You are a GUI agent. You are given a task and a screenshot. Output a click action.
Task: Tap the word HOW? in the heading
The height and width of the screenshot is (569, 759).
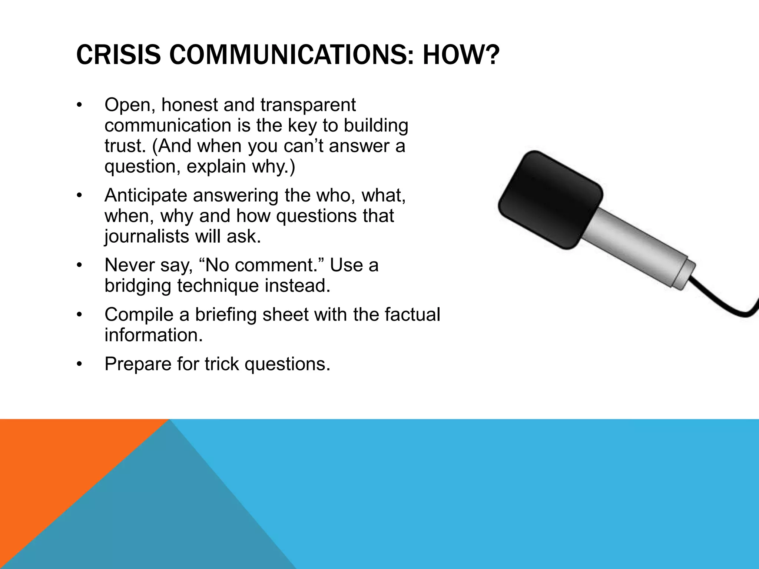[x=459, y=54]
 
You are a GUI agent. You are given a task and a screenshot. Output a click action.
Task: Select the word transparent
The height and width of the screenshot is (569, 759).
[x=308, y=106]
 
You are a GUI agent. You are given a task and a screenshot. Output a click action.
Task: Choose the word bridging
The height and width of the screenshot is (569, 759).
[x=137, y=286]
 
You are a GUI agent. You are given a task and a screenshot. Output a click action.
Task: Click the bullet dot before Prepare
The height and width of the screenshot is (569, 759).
[x=79, y=365]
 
